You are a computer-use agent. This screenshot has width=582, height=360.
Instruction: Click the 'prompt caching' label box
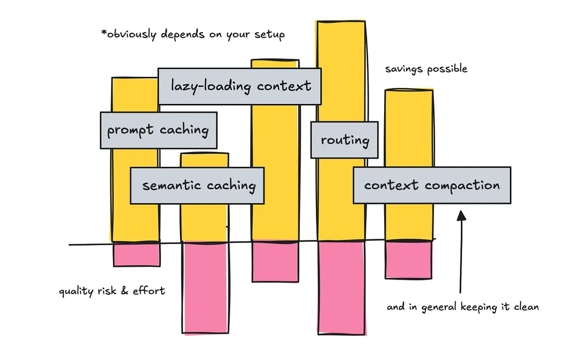(159, 130)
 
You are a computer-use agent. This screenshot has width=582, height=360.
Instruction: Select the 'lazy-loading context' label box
(239, 86)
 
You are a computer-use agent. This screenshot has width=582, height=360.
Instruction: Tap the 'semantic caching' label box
(197, 185)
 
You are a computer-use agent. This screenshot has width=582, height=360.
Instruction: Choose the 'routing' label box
(344, 140)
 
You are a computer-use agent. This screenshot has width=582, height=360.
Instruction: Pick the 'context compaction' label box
(432, 185)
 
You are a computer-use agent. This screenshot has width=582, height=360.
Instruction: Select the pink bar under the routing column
(341, 288)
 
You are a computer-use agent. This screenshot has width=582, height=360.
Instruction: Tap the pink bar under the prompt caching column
(137, 255)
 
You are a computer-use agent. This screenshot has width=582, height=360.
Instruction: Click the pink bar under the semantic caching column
(205, 287)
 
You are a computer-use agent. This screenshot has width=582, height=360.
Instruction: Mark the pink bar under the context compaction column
(408, 260)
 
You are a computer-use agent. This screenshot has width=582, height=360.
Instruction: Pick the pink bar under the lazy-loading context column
(276, 262)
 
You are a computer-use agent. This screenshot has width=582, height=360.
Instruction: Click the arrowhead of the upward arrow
(461, 215)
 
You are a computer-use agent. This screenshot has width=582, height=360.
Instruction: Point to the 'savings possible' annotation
(426, 69)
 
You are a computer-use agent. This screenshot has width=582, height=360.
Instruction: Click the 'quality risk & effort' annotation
(112, 291)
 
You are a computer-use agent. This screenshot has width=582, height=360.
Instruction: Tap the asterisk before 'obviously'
(104, 33)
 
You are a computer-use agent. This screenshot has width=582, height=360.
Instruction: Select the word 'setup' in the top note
(269, 35)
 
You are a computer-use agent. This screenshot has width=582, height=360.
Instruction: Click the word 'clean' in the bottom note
(526, 307)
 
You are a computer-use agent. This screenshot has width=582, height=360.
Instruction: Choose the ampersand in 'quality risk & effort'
(124, 291)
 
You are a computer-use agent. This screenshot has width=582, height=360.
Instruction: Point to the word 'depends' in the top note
(183, 34)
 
